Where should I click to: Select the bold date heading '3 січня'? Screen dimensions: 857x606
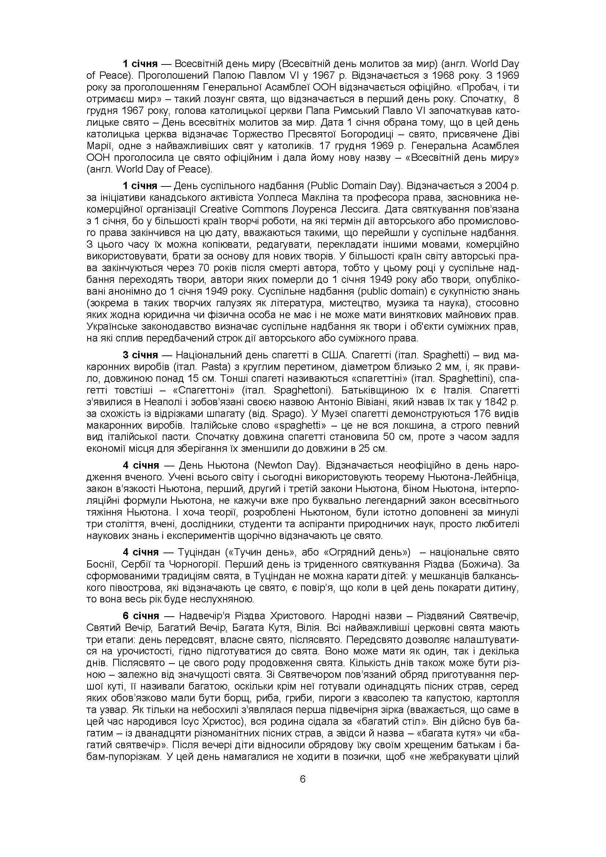point(140,355)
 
